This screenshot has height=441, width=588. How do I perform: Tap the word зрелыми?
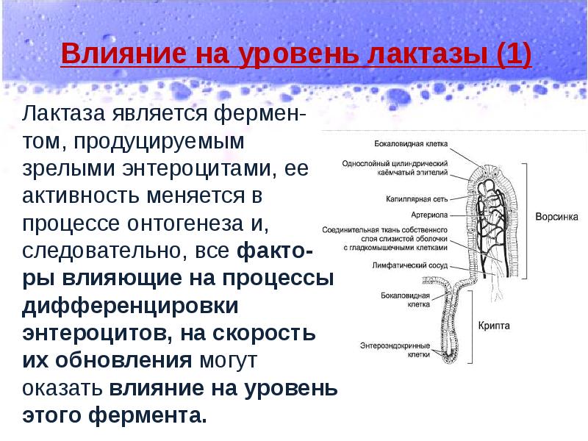tap(61, 168)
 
